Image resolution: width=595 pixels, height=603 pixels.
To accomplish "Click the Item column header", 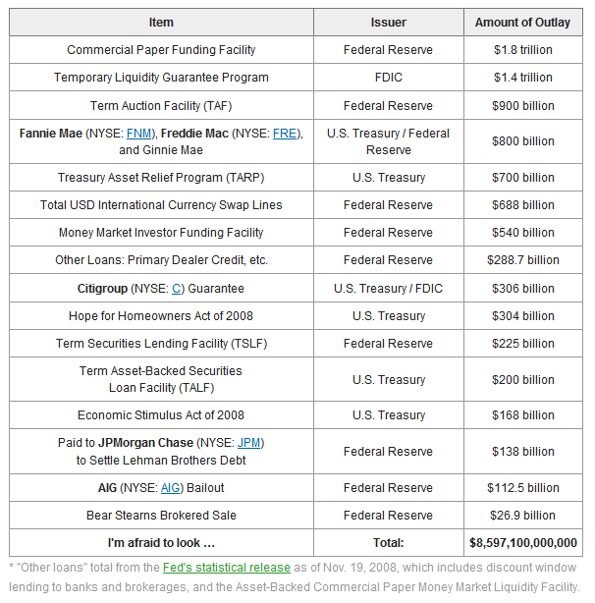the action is [161, 23].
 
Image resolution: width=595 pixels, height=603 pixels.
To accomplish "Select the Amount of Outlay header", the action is [522, 23].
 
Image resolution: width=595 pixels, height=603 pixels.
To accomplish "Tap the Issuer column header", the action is [388, 23].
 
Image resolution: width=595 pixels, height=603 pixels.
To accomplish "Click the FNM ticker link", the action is [138, 134].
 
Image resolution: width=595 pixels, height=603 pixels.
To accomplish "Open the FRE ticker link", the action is [285, 134].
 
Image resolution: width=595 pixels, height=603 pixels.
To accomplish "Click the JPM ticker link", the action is [248, 443].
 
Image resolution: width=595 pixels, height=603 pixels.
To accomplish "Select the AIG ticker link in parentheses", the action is [170, 488].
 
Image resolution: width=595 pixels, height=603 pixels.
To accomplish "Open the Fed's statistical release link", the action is [227, 568].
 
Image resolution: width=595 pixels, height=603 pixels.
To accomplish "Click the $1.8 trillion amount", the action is [522, 50].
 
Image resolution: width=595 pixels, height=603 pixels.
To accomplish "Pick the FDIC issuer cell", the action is [388, 78].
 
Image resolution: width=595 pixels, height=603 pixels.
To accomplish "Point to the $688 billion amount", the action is [522, 205].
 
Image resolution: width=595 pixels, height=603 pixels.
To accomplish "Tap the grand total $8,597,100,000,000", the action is [522, 543].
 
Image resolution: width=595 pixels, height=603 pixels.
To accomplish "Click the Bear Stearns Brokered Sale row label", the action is [161, 516].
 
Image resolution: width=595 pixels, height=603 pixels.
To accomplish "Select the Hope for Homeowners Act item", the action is [161, 316].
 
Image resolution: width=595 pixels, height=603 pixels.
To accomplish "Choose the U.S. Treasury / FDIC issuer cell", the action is [388, 289].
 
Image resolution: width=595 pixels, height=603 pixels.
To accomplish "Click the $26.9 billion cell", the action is [522, 516].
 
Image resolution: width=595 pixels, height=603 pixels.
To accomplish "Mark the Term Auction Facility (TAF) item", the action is [161, 106].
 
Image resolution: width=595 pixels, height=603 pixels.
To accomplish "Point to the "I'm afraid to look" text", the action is [161, 543].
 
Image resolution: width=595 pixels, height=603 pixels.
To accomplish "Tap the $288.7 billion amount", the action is [522, 260].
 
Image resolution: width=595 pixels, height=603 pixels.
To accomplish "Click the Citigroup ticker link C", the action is [176, 289].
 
